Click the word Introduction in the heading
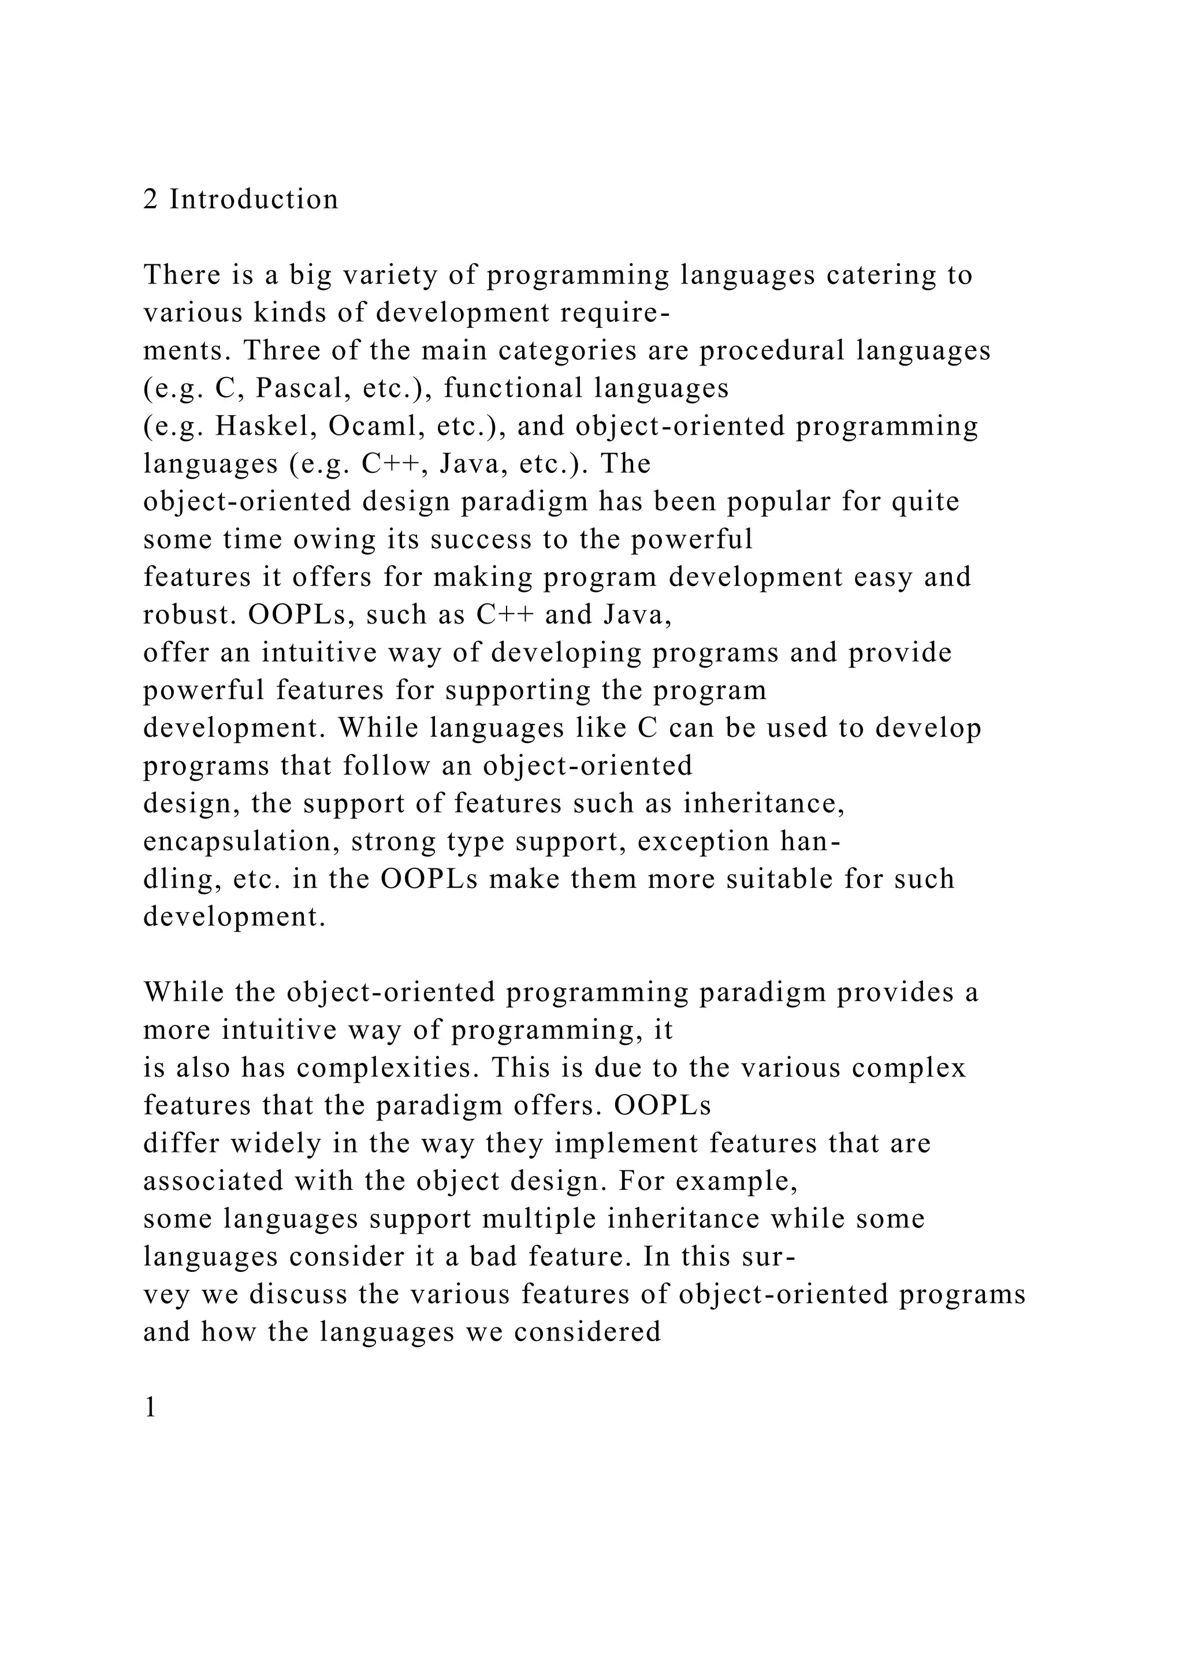coord(254,200)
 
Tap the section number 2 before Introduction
coord(151,200)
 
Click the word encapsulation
coord(240,842)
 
